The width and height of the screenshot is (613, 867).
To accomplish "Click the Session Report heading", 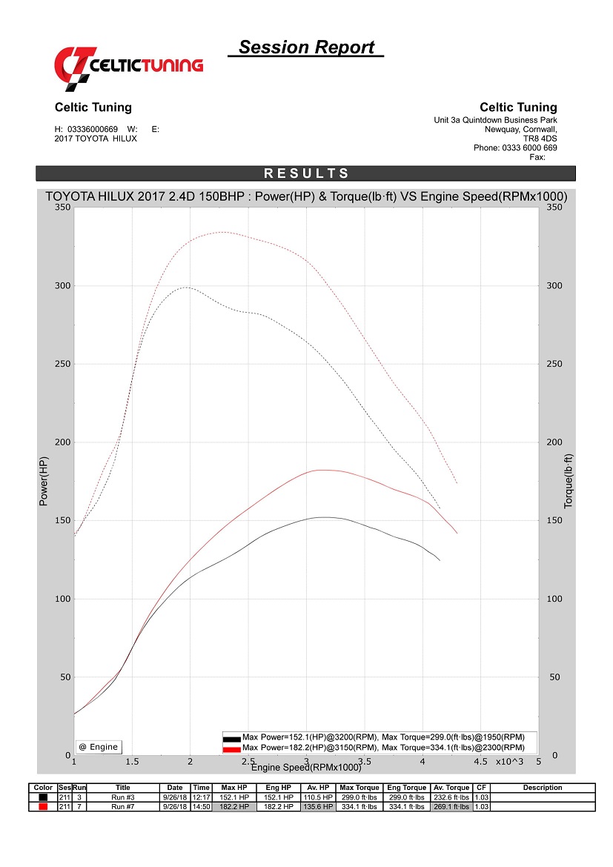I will click(x=306, y=47).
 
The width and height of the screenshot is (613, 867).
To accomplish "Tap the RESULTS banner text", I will click(x=306, y=173).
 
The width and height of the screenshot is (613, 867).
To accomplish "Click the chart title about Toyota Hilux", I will click(x=306, y=196).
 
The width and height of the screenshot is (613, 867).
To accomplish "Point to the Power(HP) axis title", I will click(x=44, y=482).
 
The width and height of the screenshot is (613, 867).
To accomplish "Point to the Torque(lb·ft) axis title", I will click(x=569, y=482).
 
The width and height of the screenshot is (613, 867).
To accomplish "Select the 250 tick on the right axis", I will click(x=553, y=364).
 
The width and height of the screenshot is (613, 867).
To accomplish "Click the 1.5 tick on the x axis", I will click(x=132, y=761).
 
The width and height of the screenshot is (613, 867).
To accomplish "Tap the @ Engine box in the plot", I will click(x=99, y=747).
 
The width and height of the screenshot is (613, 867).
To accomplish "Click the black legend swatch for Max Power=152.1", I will click(x=231, y=739).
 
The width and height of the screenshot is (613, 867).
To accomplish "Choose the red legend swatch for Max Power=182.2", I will click(x=231, y=748).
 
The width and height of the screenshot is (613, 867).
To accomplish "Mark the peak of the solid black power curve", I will click(x=322, y=517).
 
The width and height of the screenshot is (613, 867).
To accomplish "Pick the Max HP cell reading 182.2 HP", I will click(x=234, y=806).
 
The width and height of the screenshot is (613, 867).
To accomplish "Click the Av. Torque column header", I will click(x=451, y=788).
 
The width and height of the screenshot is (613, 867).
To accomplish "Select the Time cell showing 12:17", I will click(x=201, y=797).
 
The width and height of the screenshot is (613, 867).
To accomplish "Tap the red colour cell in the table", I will click(x=44, y=806).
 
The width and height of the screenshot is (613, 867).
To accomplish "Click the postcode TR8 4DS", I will click(x=540, y=138).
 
